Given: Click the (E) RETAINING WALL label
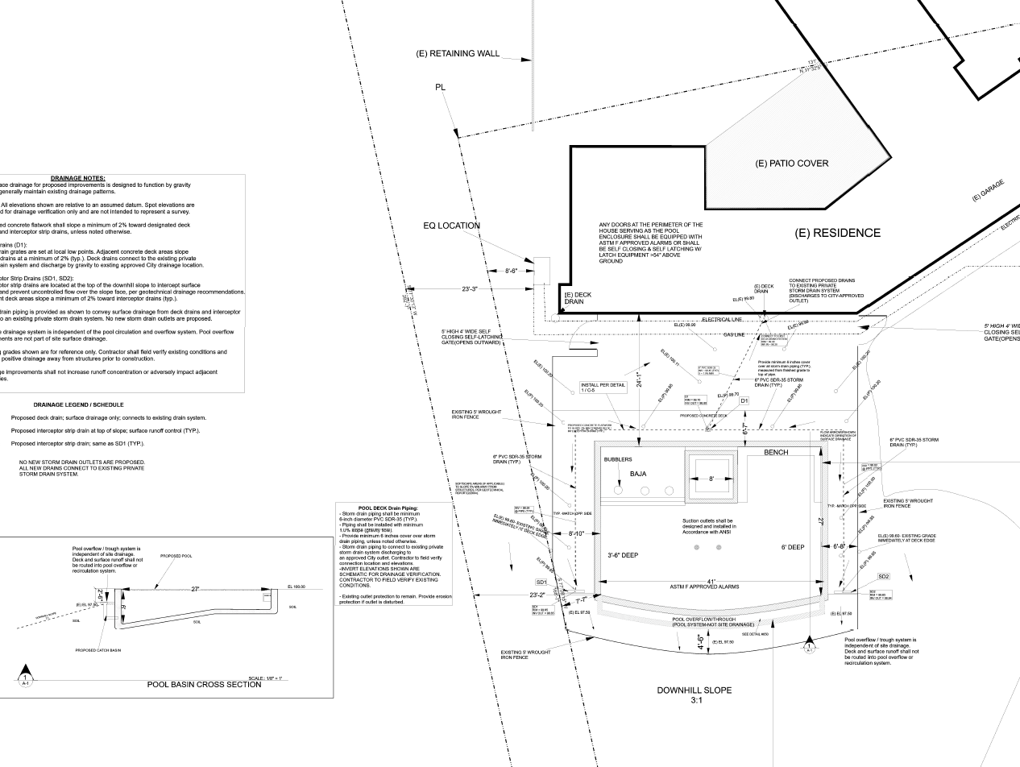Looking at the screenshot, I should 458,54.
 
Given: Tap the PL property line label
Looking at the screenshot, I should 440,87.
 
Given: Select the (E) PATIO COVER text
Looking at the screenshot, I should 791,164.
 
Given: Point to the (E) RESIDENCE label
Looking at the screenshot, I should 838,234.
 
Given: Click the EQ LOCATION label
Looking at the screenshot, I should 451,226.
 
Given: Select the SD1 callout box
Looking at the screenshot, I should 541,582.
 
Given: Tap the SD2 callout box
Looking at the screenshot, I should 884,577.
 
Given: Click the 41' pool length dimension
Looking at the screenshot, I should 710,581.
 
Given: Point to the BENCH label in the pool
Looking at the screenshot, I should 776,453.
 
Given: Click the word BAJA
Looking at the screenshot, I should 638,474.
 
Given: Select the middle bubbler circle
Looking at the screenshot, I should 644,490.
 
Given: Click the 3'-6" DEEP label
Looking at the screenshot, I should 623,556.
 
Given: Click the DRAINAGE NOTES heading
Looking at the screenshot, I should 77,178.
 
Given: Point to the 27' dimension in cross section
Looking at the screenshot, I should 195,589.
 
